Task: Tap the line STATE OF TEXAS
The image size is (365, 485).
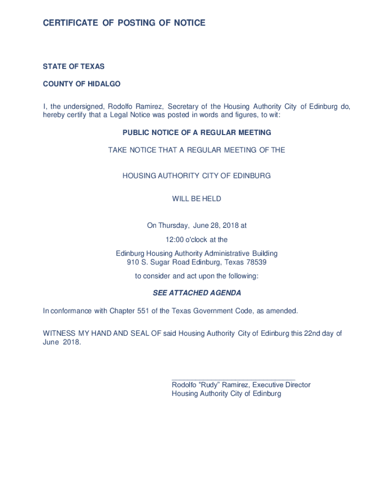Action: click(x=73, y=67)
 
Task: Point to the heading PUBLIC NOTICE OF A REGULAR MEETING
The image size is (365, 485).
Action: click(x=197, y=133)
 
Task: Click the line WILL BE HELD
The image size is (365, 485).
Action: click(x=197, y=199)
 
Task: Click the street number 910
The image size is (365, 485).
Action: click(x=133, y=262)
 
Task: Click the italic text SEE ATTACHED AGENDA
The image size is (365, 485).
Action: click(x=197, y=293)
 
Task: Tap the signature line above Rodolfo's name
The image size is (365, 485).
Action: click(x=233, y=379)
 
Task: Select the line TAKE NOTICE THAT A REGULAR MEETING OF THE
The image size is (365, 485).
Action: click(x=197, y=150)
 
